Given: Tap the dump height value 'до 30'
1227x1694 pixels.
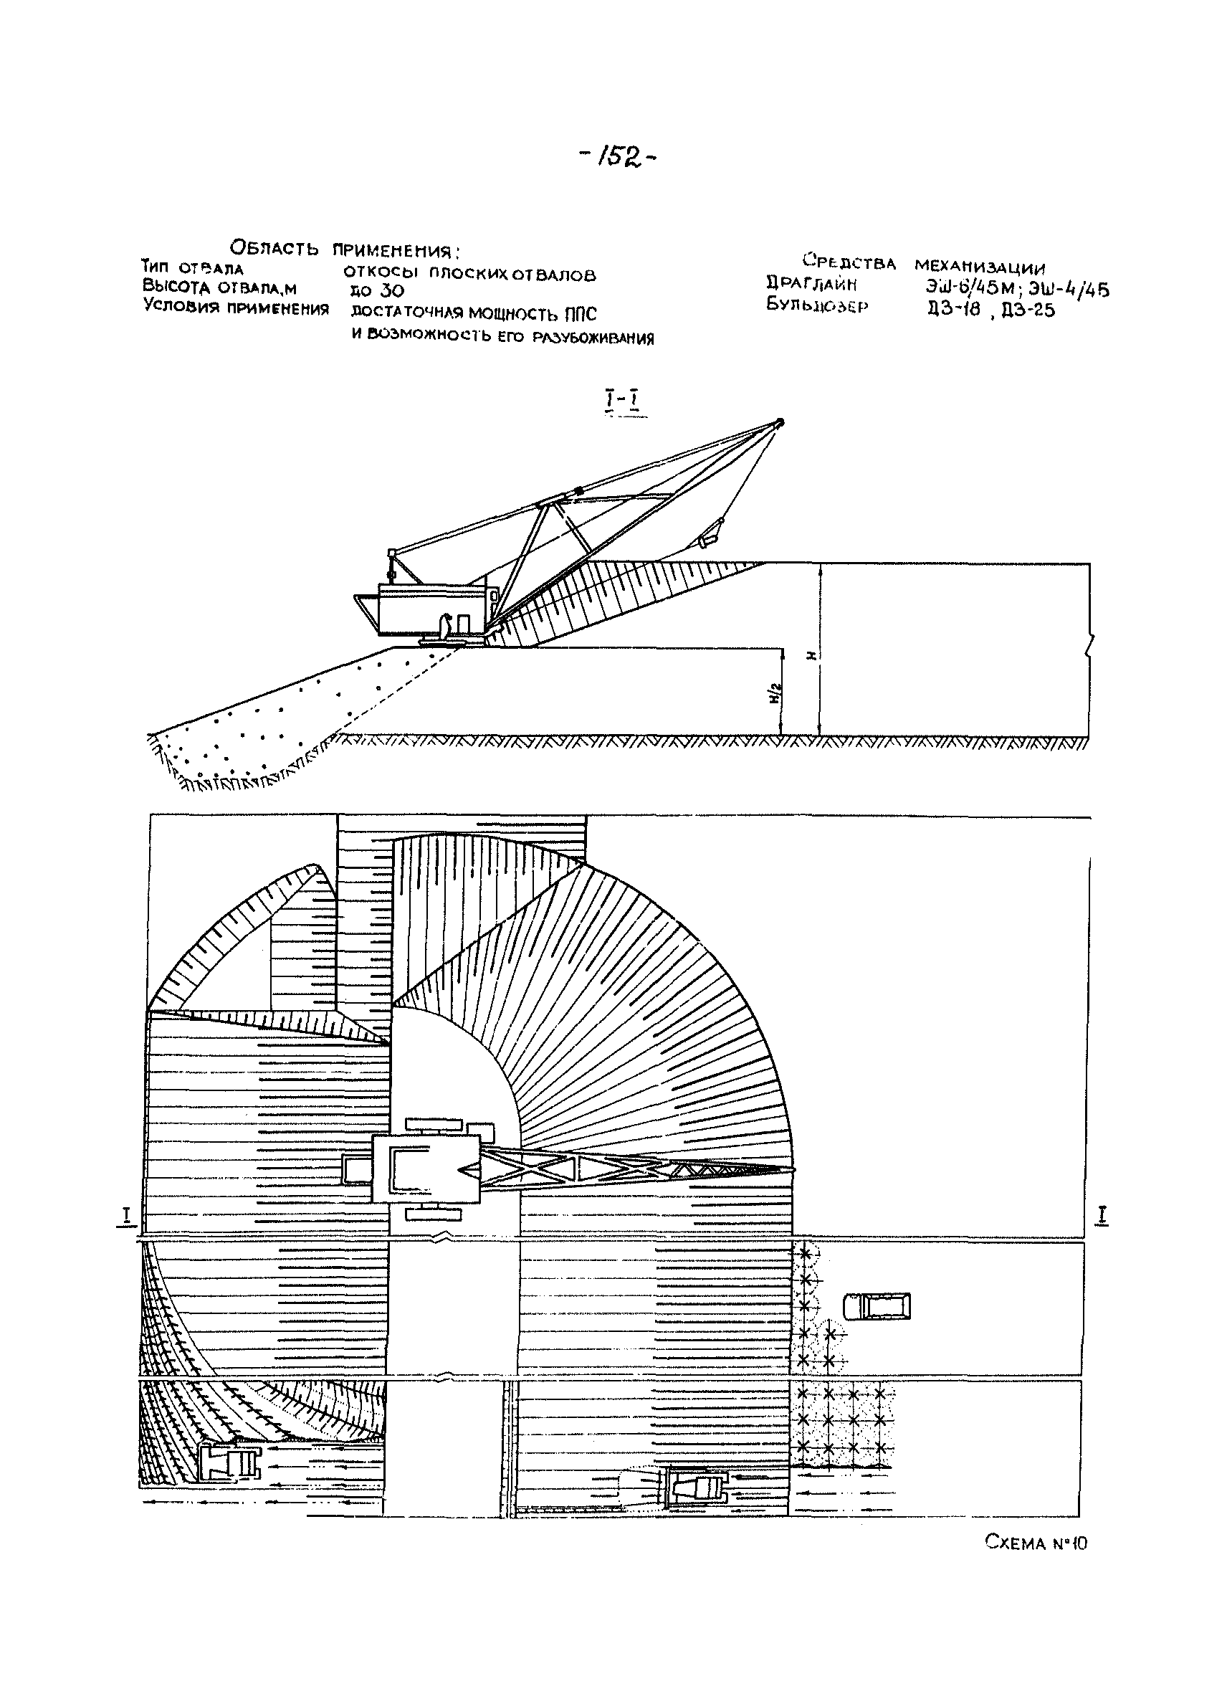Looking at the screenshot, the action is pos(376,290).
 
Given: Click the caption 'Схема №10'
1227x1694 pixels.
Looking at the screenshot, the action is pos(1036,1541).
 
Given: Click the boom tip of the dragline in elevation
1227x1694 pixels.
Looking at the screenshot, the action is pos(780,422).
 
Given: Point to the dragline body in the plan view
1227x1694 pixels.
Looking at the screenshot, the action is pos(426,1169).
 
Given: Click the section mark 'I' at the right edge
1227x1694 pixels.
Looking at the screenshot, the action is pos(1103,1215).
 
